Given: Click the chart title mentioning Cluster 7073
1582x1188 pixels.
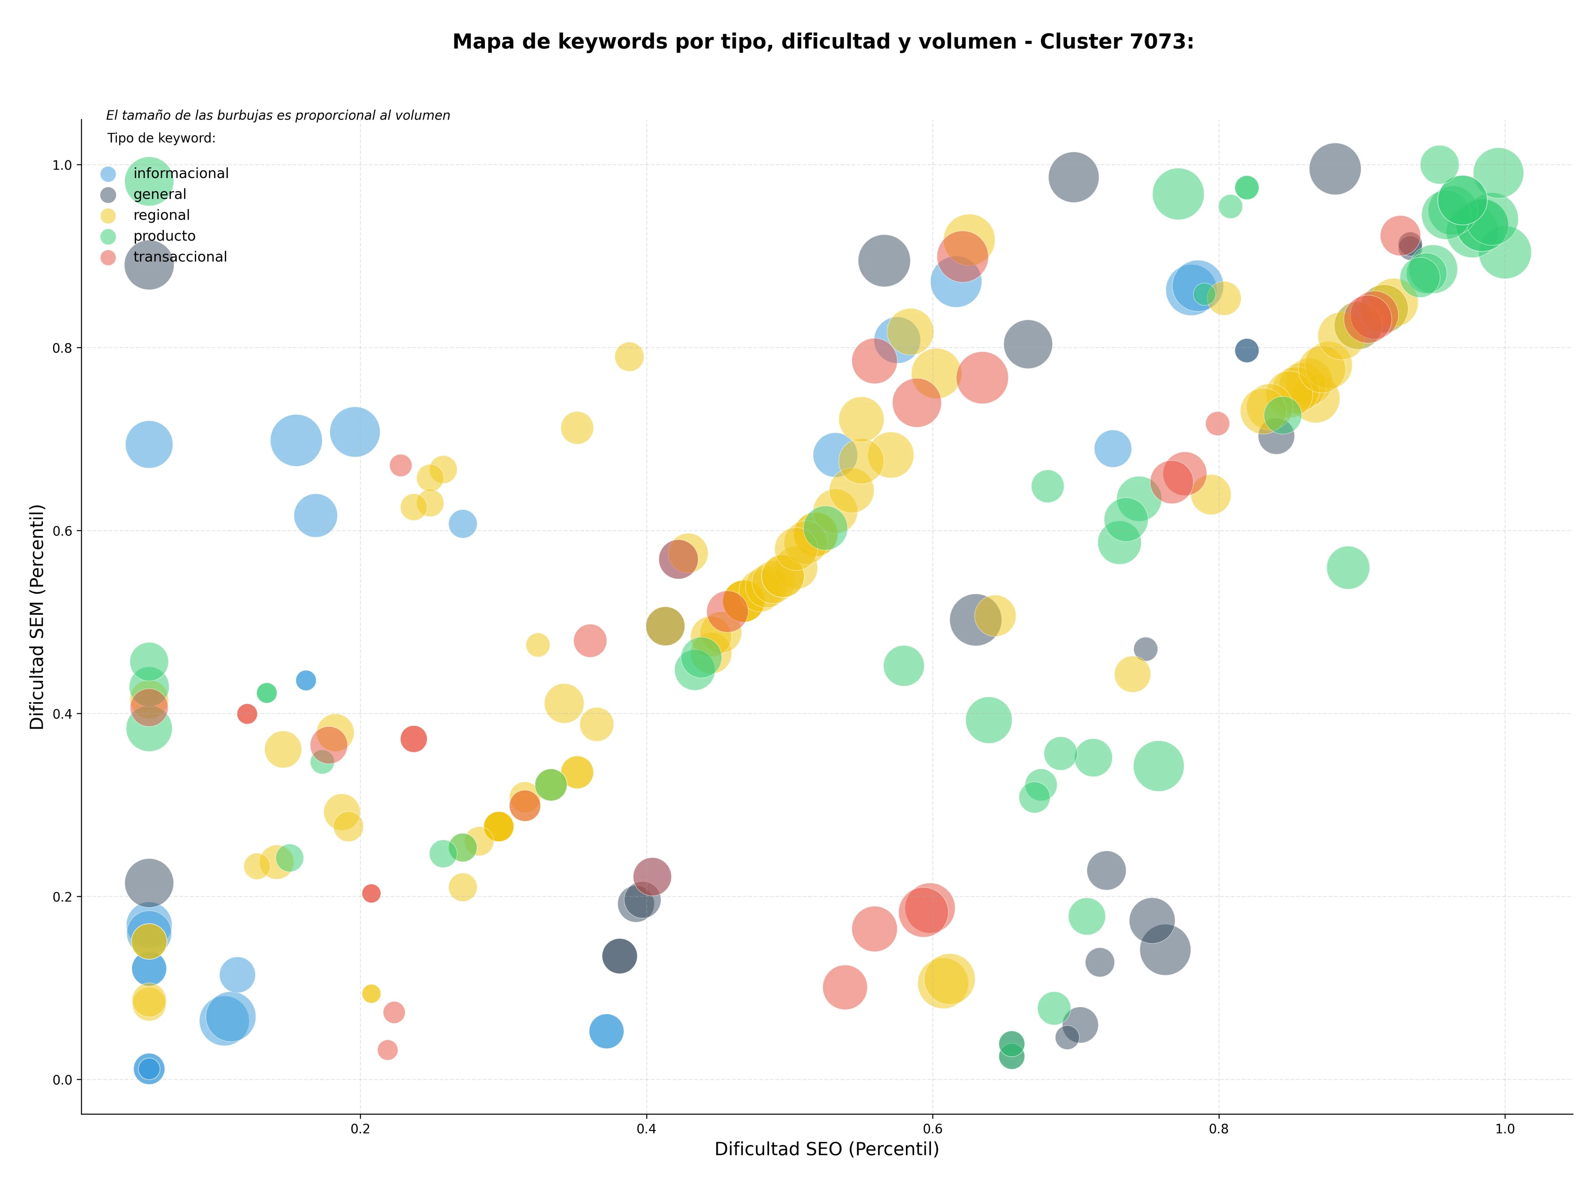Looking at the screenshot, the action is [823, 42].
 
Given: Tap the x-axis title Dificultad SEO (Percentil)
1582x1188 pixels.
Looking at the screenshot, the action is [827, 1149].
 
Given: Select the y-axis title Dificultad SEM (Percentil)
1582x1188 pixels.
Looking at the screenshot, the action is [37, 616].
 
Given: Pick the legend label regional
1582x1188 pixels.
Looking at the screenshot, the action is [161, 215].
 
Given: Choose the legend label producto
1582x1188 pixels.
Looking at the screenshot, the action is [164, 236].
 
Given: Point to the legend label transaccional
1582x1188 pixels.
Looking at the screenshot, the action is [180, 257].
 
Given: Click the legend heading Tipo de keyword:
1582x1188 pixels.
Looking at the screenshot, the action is [161, 138].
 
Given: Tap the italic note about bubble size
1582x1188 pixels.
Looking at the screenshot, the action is [278, 115].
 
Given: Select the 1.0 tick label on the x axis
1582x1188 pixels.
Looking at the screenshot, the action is [1505, 1129].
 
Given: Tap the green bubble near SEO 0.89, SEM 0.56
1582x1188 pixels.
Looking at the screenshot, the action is [1348, 567].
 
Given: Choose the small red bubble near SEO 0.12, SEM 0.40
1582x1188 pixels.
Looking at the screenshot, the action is [247, 714].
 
